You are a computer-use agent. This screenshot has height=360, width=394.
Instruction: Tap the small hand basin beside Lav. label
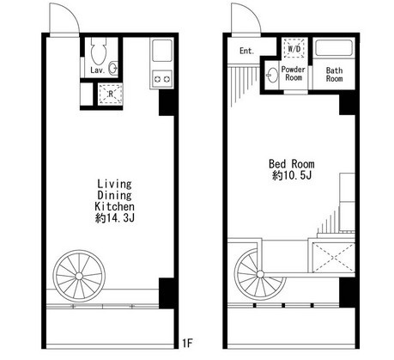point(113,68)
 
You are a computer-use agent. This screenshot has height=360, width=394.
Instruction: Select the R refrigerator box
point(110,94)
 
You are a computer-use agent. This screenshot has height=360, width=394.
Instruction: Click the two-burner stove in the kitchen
point(162,79)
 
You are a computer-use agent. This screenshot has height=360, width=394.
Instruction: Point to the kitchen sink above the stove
point(162,51)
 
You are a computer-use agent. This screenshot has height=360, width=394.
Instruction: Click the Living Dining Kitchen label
point(114,195)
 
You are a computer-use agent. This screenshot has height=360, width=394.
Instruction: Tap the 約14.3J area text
point(114,218)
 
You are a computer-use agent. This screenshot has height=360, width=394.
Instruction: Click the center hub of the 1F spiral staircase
point(79,276)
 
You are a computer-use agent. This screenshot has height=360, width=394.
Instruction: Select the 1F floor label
point(188,343)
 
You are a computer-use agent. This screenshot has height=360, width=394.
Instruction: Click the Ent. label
point(247,51)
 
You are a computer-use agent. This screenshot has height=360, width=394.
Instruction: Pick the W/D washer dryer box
point(294,48)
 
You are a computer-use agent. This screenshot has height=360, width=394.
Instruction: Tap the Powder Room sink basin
point(272,76)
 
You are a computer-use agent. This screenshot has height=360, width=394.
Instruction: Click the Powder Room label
point(294,74)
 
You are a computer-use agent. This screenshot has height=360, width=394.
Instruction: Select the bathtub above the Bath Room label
point(334,48)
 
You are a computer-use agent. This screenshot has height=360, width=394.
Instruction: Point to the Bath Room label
point(334,75)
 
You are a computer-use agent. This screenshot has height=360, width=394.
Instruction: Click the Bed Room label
point(292,164)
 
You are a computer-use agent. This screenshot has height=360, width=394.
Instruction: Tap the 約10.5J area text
point(292,175)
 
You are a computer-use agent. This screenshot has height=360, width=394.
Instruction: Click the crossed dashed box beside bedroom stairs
point(334,257)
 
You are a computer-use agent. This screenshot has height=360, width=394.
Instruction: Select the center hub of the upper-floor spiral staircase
point(260,274)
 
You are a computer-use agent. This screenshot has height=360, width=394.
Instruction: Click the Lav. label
point(98,70)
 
